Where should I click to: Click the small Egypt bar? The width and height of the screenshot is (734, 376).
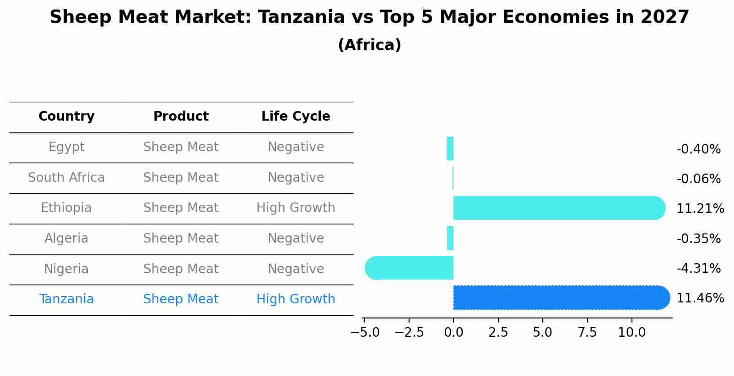[x=450, y=148]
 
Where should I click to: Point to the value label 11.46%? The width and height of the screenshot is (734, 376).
[x=700, y=298]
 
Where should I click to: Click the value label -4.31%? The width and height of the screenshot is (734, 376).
[x=698, y=268]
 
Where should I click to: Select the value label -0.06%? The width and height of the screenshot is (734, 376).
[x=698, y=179]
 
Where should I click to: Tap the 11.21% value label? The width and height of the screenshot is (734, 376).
[x=700, y=209]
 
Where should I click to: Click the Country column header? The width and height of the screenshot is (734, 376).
[x=66, y=117]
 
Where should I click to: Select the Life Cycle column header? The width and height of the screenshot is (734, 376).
[x=296, y=117]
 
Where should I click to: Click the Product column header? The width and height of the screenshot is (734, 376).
[x=181, y=117]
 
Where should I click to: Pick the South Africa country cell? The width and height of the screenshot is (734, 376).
[x=66, y=178]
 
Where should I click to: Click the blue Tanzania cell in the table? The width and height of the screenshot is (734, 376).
[x=66, y=299]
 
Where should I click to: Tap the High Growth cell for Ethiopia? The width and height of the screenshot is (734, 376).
[x=296, y=208]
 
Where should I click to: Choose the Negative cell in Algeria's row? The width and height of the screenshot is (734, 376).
[x=296, y=238]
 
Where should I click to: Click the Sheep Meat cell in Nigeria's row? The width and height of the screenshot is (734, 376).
[x=181, y=269]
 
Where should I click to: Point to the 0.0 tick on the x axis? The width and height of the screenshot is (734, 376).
[x=453, y=333]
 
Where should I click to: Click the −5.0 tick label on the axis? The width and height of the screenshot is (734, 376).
[x=365, y=333]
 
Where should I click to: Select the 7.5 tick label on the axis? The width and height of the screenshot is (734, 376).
[x=587, y=333]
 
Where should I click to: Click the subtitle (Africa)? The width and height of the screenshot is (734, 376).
[x=369, y=45]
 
